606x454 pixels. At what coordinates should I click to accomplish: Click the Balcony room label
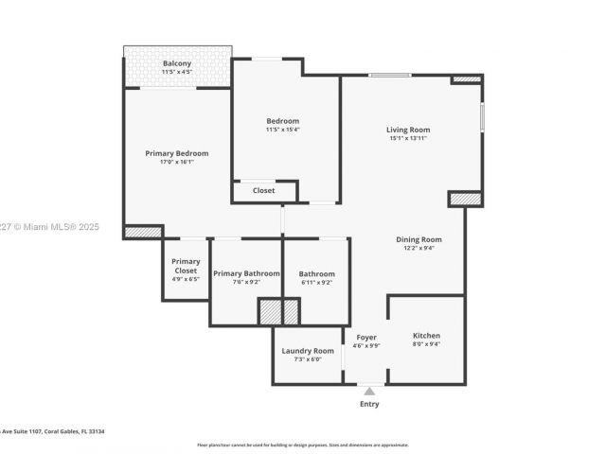click(x=176, y=63)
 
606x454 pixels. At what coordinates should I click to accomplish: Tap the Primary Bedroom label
click(x=176, y=153)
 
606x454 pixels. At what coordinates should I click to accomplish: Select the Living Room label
click(x=408, y=130)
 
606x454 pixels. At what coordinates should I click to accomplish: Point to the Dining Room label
click(x=419, y=239)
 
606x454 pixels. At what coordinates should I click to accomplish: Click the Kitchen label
click(x=426, y=336)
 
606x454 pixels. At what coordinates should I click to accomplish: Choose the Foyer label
click(x=366, y=338)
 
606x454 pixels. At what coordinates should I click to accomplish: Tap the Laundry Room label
click(x=308, y=351)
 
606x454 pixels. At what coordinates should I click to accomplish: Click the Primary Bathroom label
click(x=246, y=273)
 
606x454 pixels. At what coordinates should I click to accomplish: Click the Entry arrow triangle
click(x=369, y=390)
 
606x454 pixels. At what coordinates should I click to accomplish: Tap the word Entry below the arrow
click(x=369, y=404)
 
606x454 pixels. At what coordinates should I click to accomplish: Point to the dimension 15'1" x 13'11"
click(x=408, y=139)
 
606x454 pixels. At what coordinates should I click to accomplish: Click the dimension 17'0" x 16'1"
click(x=176, y=162)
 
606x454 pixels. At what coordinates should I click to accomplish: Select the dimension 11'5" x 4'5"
click(x=176, y=72)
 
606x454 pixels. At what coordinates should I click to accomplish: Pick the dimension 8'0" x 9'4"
click(x=426, y=344)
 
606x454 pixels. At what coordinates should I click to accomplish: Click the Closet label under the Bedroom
click(x=263, y=190)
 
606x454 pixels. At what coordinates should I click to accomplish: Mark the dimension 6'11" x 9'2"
click(x=316, y=282)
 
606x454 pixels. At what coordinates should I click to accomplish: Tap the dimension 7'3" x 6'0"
click(x=308, y=359)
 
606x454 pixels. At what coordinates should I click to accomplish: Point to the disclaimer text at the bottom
click(x=302, y=445)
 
